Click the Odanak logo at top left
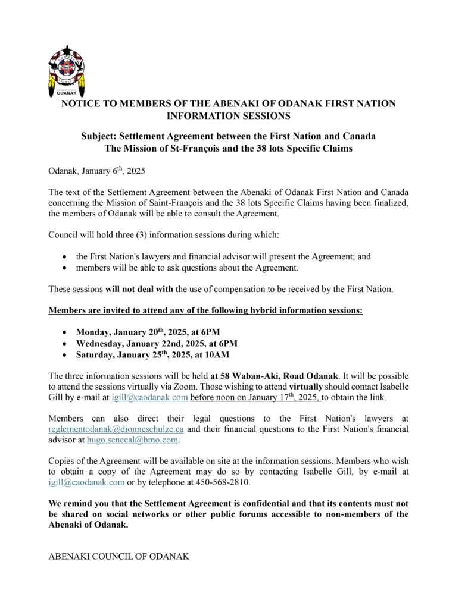pyautogui.click(x=66, y=70)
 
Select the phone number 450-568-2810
pyautogui.click(x=226, y=482)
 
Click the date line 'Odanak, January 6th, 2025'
pyautogui.click(x=96, y=171)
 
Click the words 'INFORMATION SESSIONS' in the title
pyautogui.click(x=229, y=115)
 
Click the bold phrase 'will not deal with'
pyautogui.click(x=139, y=289)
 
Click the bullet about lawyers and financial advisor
pyautogui.click(x=223, y=257)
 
